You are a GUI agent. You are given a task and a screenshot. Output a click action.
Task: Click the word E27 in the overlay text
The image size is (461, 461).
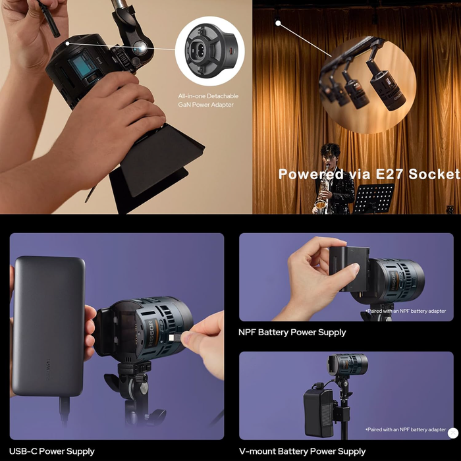389,174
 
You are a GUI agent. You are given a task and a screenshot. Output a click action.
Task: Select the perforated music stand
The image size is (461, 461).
374,198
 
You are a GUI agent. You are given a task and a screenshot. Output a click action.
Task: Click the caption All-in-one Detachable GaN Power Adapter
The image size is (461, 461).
208,100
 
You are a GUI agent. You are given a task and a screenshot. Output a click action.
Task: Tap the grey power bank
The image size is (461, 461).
49,326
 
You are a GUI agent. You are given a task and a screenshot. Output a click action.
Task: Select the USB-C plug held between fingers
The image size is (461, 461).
176,338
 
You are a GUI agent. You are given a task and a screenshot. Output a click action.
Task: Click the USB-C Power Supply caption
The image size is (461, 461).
52,451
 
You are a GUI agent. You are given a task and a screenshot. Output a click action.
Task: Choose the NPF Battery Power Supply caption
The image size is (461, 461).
292,333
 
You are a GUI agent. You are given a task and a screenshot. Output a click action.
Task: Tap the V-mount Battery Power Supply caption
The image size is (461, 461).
302,451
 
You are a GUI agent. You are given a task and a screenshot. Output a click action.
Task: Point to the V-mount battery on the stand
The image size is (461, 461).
319,413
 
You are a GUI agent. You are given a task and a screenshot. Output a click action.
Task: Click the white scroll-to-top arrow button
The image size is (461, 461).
453,433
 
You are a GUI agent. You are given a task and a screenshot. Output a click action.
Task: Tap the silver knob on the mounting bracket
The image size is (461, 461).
140,48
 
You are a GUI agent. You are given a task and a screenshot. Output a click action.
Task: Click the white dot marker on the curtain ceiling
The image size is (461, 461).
278,22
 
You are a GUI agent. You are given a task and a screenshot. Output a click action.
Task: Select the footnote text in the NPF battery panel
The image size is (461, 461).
406,311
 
